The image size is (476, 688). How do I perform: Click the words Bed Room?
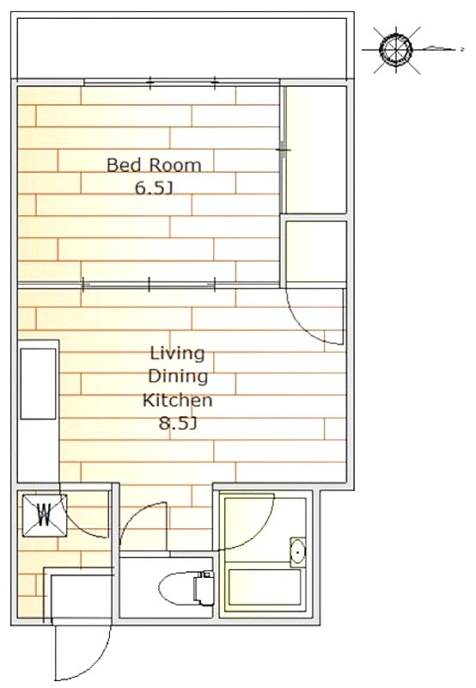[x=154, y=165]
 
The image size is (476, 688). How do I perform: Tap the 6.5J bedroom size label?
[x=153, y=188]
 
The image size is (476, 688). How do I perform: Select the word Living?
[x=178, y=353]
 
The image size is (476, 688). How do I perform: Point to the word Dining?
[x=178, y=377]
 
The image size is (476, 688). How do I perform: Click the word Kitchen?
[x=178, y=400]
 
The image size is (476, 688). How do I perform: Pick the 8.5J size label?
[x=177, y=424]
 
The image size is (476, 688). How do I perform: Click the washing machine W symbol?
[x=45, y=514]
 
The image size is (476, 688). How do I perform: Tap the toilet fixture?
[x=185, y=587]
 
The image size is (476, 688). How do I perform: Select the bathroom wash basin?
[x=298, y=550]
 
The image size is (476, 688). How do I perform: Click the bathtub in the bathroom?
[x=265, y=589]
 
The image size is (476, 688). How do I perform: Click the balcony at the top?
[x=182, y=47]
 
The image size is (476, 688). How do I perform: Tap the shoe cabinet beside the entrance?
[x=80, y=594]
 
